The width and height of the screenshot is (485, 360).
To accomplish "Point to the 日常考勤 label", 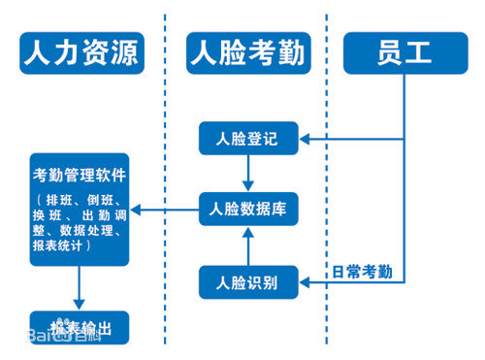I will (362, 271).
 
